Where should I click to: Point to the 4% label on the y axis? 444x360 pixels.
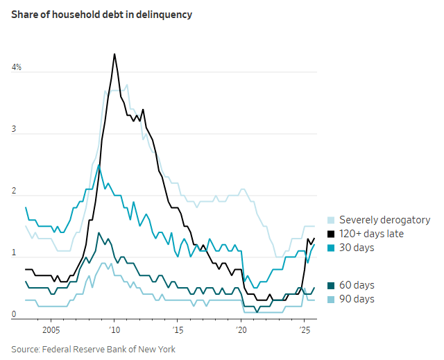coord(16,67)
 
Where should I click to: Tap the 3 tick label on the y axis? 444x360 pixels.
coord(14,132)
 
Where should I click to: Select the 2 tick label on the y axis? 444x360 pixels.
coord(14,194)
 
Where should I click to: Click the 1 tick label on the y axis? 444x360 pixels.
coord(14,255)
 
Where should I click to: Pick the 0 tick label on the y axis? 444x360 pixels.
coord(14,315)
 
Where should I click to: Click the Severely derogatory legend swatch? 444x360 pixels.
coord(331,220)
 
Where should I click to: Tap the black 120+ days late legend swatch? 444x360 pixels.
coord(331,234)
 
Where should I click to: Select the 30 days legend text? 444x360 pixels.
coord(357,248)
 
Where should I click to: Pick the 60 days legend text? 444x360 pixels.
coord(357,285)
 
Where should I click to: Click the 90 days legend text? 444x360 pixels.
coord(357,299)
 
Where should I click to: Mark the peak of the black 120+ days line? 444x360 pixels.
coord(114,54)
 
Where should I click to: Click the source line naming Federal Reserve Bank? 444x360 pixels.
coord(93,349)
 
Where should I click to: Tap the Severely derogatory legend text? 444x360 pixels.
coord(385,220)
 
